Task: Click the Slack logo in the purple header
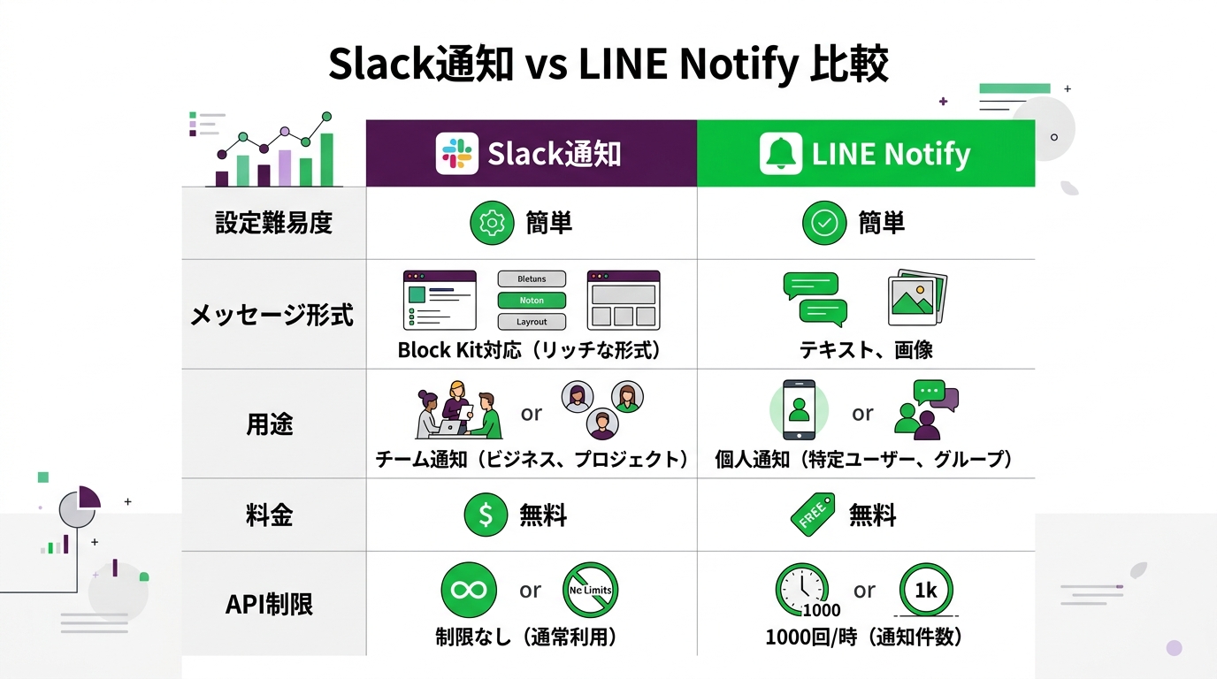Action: (456, 154)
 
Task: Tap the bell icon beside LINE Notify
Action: (780, 154)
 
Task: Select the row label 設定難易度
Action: (273, 223)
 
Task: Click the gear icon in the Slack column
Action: (491, 223)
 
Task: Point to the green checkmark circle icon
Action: (824, 223)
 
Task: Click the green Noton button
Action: (532, 301)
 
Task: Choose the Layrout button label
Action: (532, 322)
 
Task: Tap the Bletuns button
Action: (532, 279)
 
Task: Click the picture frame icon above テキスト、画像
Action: (916, 298)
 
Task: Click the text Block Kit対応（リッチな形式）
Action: (530, 350)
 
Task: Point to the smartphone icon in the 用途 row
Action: (800, 410)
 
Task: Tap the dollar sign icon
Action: (486, 515)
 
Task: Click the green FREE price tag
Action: (812, 515)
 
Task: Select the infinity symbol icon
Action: (469, 590)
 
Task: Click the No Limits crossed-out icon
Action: (590, 590)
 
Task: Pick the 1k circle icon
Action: (925, 591)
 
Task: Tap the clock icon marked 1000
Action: (802, 591)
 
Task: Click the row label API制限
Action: (270, 605)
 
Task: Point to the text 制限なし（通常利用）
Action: (526, 637)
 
